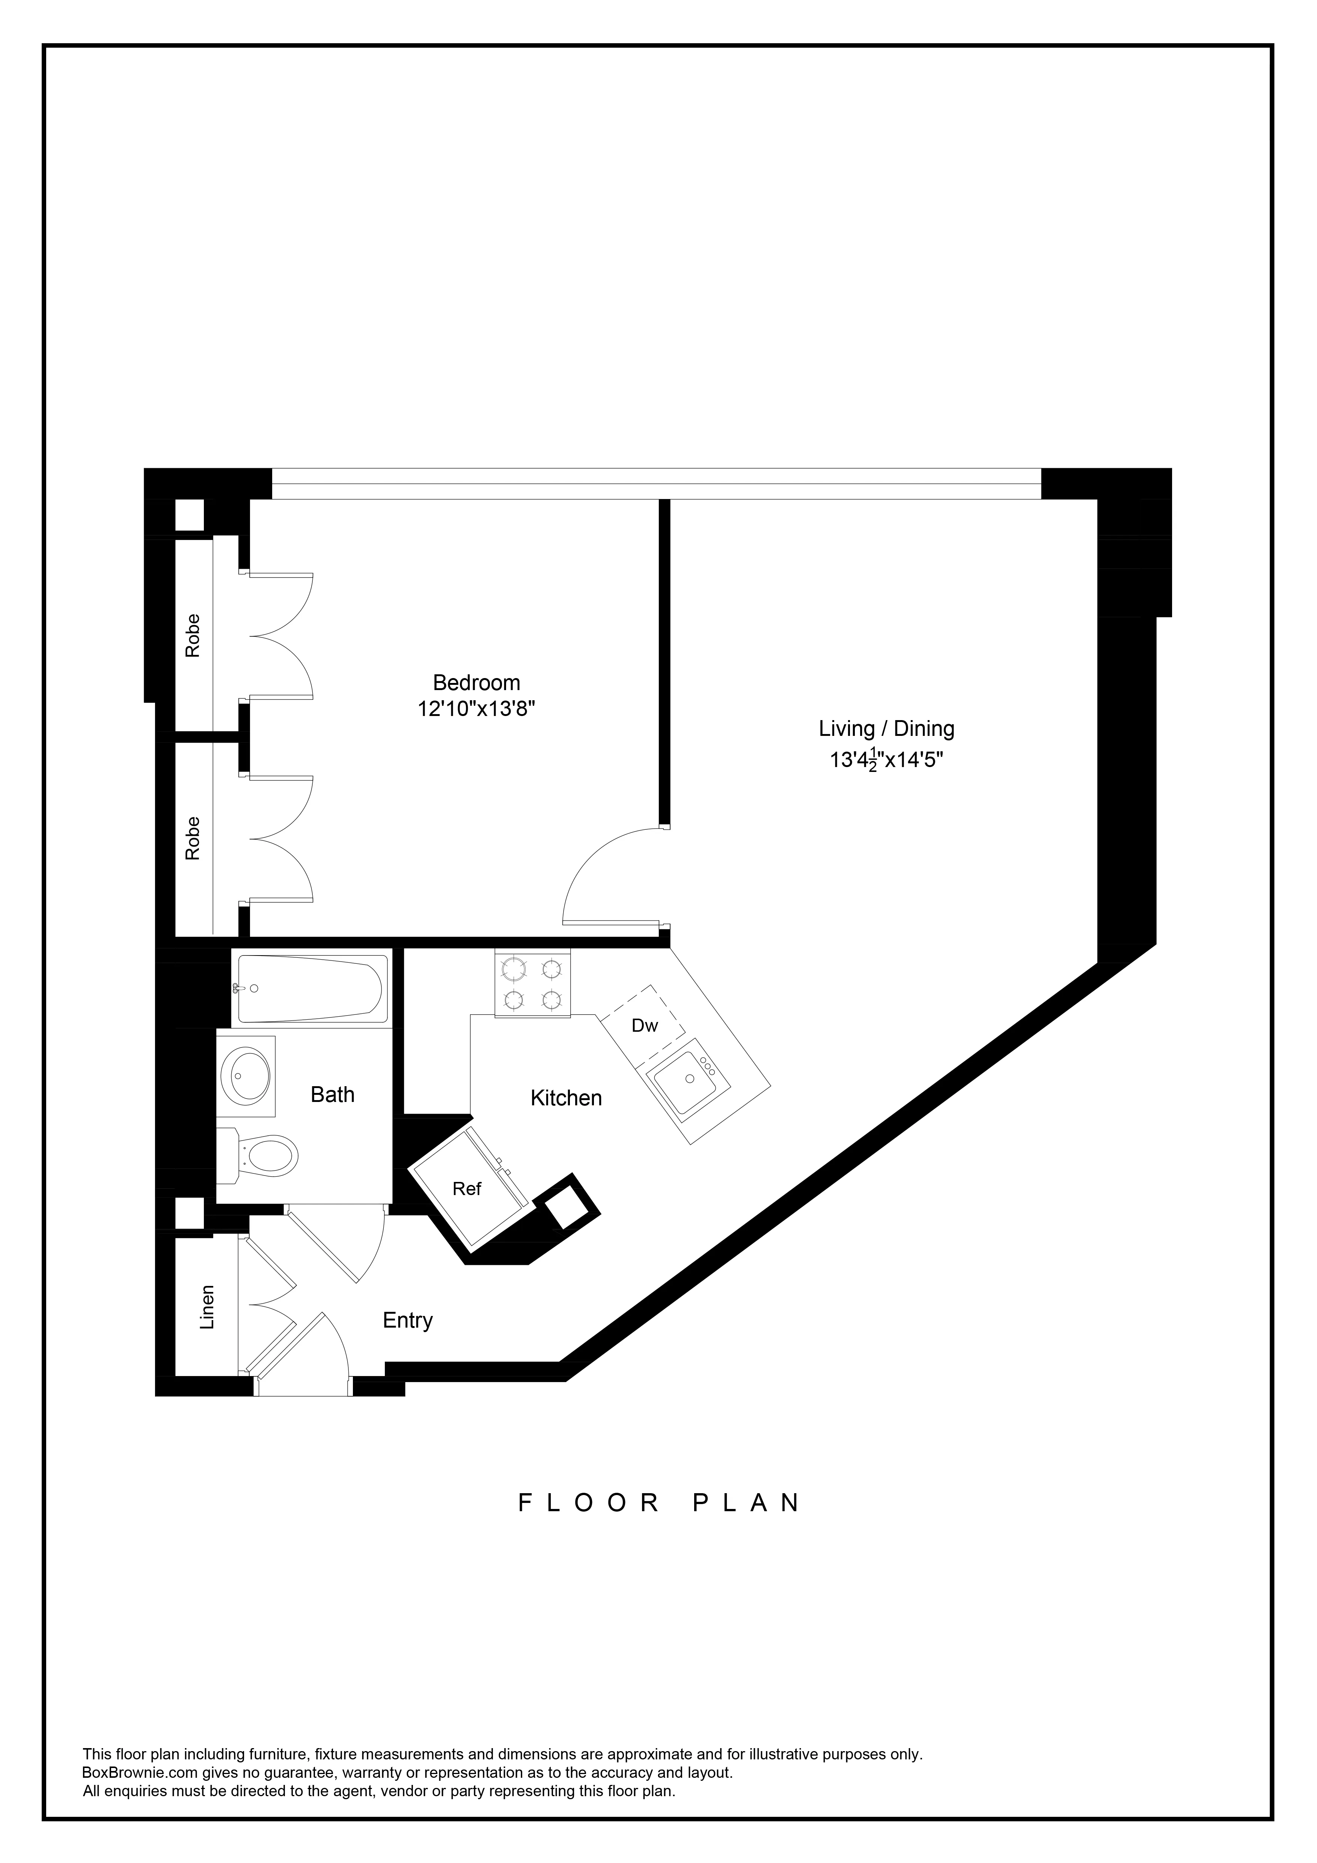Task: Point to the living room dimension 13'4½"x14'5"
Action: tap(886, 760)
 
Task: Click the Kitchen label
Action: tap(566, 1098)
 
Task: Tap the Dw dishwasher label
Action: tap(644, 1026)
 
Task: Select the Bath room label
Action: tap(333, 1094)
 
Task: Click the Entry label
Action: tap(407, 1320)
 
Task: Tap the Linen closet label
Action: tap(208, 1307)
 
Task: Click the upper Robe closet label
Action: tap(192, 635)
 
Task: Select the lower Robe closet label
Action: tap(192, 838)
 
